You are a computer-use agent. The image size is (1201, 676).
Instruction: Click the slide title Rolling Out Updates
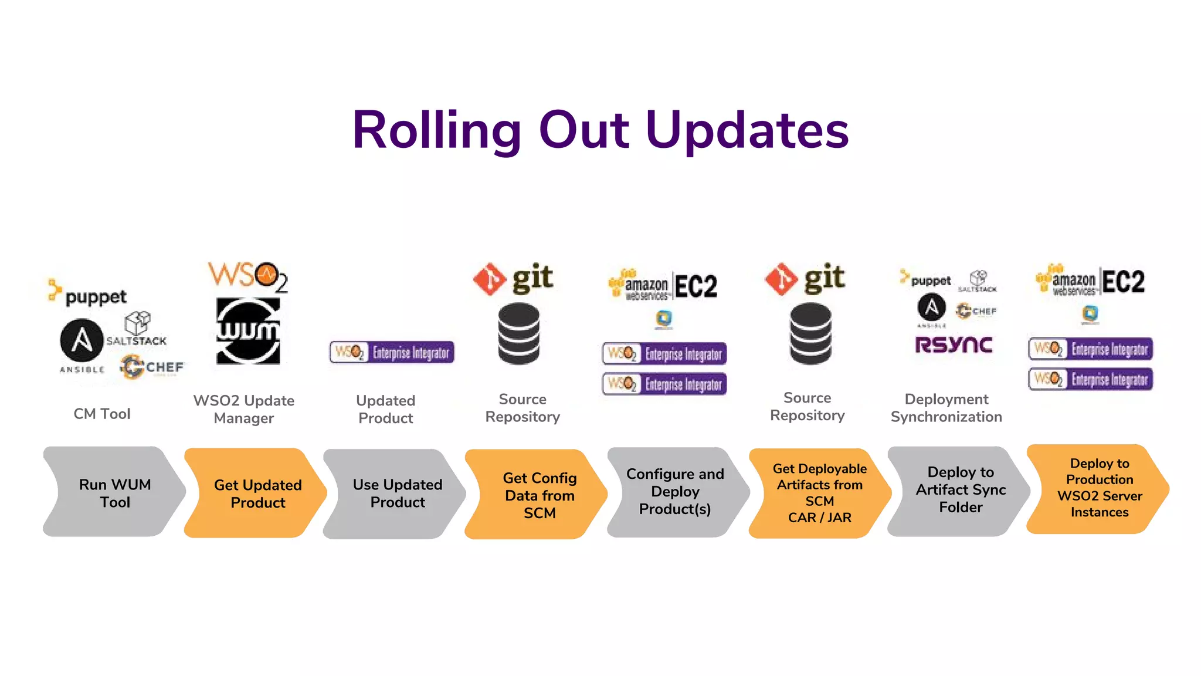pyautogui.click(x=600, y=130)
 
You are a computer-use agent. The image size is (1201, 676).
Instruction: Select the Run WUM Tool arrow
pyautogui.click(x=114, y=493)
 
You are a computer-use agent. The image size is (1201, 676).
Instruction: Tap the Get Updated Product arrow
pyautogui.click(x=257, y=494)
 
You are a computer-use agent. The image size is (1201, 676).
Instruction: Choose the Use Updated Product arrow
pyautogui.click(x=397, y=494)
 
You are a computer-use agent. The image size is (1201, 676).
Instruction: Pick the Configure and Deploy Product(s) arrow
pyautogui.click(x=674, y=492)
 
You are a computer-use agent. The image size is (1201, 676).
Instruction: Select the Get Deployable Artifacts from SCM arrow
pyautogui.click(x=819, y=493)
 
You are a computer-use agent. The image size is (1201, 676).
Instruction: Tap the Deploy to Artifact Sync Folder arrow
pyautogui.click(x=960, y=490)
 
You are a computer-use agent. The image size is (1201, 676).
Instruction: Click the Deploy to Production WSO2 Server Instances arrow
pyautogui.click(x=1099, y=488)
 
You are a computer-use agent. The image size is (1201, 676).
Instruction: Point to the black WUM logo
pyautogui.click(x=248, y=331)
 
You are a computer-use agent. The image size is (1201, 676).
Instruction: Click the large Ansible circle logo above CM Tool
pyautogui.click(x=82, y=340)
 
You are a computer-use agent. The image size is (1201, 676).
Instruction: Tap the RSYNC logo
pyautogui.click(x=954, y=345)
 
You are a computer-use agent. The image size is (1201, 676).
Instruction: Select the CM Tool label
pyautogui.click(x=102, y=414)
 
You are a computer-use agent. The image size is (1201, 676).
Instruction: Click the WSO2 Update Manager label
pyautogui.click(x=244, y=409)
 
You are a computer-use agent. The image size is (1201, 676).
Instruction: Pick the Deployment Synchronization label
pyautogui.click(x=946, y=408)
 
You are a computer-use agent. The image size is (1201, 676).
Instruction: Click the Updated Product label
pyautogui.click(x=386, y=409)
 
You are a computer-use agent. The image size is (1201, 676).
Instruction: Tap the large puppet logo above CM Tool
pyautogui.click(x=88, y=293)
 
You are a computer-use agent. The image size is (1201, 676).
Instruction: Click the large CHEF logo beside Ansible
pyautogui.click(x=152, y=367)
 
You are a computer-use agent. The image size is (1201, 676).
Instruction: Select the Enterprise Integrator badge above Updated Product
pyautogui.click(x=392, y=352)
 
